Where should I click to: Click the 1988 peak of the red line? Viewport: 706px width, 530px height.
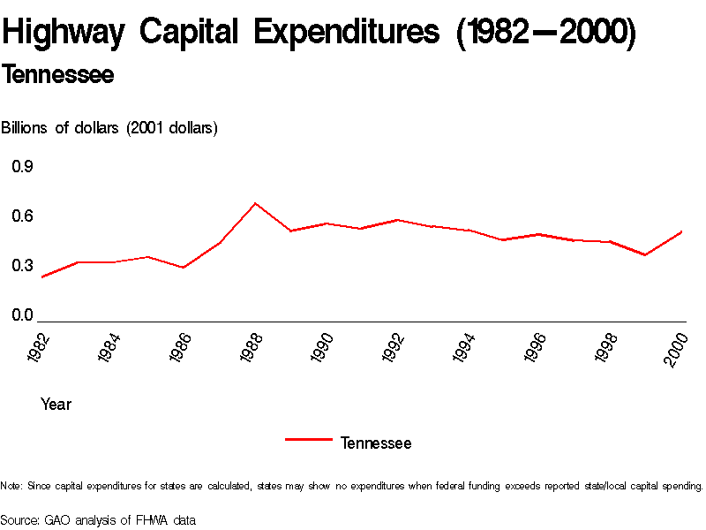255,203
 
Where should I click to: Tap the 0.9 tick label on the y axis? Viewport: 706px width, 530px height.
22,167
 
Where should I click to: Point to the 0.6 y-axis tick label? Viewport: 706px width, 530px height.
22,216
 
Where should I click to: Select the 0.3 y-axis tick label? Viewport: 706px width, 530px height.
22,266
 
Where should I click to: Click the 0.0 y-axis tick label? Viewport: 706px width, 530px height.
22,315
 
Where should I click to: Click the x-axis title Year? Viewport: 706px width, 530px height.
56,405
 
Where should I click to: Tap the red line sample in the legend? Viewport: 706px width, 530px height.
309,439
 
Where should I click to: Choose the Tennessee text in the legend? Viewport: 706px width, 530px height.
376,443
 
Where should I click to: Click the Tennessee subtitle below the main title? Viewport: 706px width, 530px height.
58,76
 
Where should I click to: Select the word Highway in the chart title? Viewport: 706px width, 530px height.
65,34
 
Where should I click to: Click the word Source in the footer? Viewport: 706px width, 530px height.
20,520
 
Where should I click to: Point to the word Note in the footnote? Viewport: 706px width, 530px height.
11,486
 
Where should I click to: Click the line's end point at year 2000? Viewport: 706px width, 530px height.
682,231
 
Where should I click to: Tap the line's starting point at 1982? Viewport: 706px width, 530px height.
41,277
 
